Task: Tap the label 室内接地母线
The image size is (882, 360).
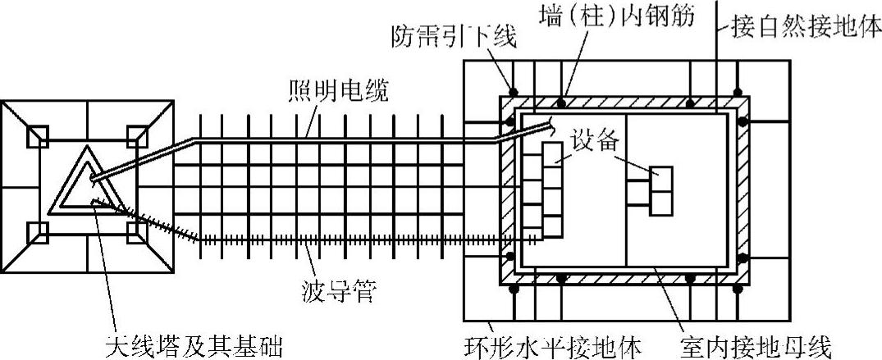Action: pos(756,343)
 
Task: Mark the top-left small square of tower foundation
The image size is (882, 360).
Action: pos(39,136)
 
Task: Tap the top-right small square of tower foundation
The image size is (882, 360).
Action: pos(136,136)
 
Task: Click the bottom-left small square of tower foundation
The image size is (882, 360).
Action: pos(39,234)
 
